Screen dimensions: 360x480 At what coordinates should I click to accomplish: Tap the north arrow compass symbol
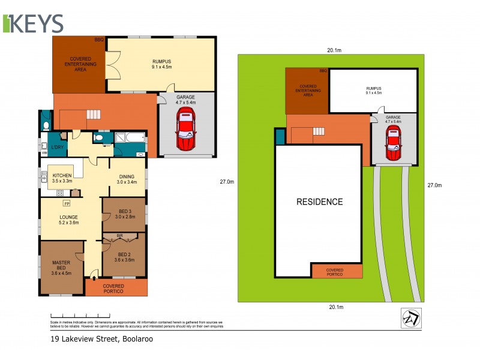click(410, 317)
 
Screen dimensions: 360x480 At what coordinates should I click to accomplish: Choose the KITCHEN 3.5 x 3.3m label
click(62, 178)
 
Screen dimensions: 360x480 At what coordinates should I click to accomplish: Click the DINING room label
click(127, 178)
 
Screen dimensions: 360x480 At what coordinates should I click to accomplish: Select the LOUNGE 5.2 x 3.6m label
click(69, 219)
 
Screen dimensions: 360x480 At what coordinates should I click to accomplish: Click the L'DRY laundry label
click(58, 147)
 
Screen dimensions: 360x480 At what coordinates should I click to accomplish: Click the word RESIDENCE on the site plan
click(320, 202)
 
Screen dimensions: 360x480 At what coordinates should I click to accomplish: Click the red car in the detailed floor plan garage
click(186, 132)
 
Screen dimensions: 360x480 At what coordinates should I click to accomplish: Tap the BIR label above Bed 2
click(120, 235)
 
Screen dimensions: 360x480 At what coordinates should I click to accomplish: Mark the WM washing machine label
click(44, 153)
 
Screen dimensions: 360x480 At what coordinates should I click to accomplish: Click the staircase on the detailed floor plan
click(93, 113)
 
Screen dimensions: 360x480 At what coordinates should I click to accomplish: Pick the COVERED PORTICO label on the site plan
click(335, 272)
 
